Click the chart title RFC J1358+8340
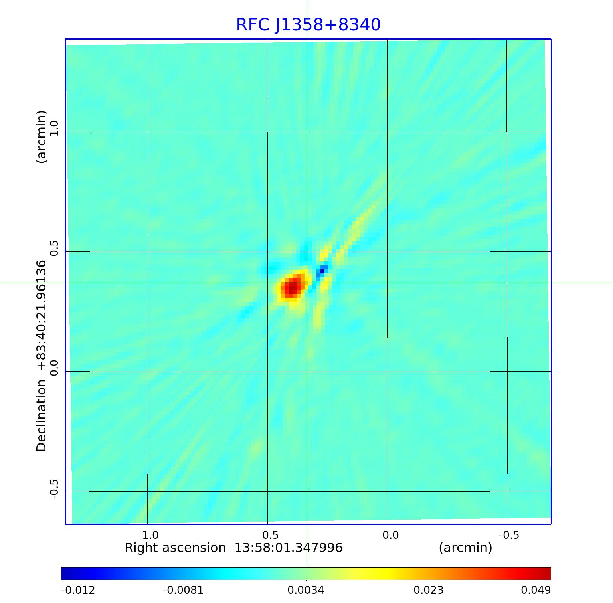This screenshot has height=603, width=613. tap(308, 25)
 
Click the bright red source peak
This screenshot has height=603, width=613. tap(292, 287)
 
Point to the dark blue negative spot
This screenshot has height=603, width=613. tap(322, 271)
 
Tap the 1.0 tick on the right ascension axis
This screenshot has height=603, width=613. tap(150, 535)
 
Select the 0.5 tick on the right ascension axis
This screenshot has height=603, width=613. tap(270, 535)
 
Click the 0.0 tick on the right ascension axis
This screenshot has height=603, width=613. tap(390, 535)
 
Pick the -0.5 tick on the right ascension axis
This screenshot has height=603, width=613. tap(509, 535)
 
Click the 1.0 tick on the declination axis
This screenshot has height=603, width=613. tap(53, 129)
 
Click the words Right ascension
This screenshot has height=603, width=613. tap(175, 548)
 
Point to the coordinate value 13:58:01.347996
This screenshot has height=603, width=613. tap(288, 548)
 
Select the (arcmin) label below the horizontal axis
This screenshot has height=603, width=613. tap(465, 548)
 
